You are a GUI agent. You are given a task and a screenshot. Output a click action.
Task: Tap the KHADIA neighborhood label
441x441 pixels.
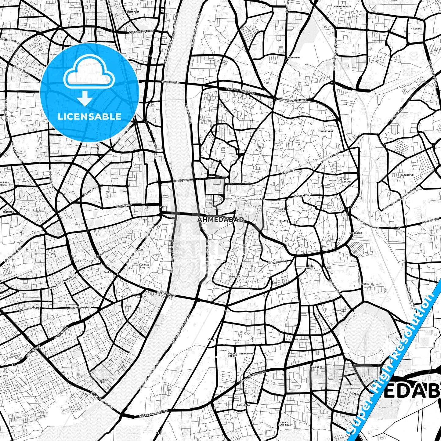point(283,221)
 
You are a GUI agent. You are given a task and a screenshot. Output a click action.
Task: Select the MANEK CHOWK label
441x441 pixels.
point(281,210)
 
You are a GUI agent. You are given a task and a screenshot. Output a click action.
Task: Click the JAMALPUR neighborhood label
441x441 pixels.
point(234,277)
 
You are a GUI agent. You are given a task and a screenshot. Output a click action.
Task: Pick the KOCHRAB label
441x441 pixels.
point(144,265)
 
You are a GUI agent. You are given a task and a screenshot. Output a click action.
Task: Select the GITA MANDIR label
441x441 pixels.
point(310,267)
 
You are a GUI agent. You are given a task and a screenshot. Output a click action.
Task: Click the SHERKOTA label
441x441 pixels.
point(367,284)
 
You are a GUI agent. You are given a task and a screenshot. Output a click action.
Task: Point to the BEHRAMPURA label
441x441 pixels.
point(247,353)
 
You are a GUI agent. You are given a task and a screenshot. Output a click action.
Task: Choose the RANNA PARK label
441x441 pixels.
point(102,381)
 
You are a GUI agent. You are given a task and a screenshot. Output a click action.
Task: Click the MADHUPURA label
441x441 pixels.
point(294,57)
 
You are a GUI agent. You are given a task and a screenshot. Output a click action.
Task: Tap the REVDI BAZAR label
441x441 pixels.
point(347,180)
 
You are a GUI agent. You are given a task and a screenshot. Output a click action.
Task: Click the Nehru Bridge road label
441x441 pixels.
point(182,181)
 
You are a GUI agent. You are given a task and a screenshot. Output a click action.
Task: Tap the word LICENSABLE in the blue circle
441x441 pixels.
point(89,117)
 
